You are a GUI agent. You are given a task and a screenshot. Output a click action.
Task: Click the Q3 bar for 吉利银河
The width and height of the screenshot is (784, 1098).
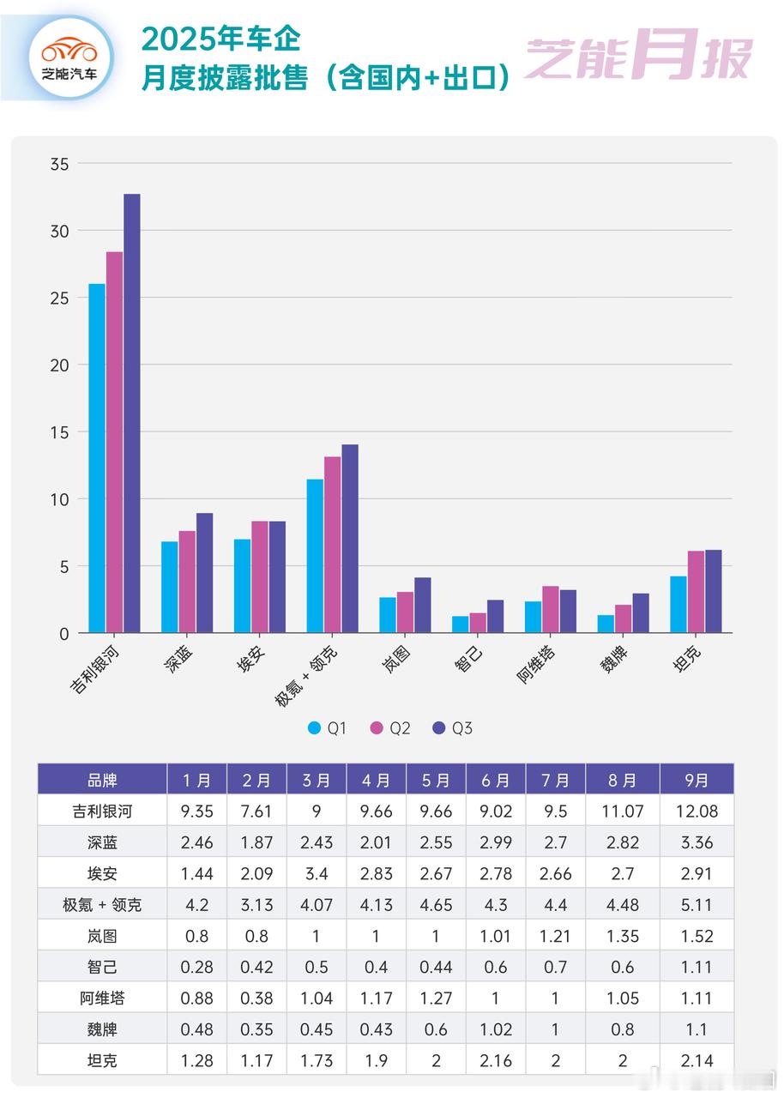click(131, 413)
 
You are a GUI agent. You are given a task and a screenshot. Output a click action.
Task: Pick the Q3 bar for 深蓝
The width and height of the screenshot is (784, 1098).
click(204, 573)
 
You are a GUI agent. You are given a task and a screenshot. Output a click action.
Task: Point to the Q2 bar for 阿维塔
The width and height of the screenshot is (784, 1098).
click(551, 610)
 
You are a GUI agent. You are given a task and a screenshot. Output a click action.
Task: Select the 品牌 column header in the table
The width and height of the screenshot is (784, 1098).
click(102, 780)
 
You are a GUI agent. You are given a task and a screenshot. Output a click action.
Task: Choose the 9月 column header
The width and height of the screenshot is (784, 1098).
click(697, 780)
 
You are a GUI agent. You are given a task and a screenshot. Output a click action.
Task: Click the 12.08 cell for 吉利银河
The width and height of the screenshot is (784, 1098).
click(697, 811)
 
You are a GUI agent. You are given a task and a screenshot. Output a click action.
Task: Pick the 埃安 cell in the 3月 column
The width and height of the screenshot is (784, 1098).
click(317, 873)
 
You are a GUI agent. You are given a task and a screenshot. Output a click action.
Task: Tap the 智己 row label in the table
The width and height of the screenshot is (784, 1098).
click(102, 967)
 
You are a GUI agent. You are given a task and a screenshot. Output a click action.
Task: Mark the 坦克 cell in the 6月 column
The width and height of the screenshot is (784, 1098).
click(496, 1060)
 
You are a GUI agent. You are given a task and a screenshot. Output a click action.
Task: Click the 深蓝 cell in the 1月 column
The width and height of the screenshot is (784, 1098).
click(196, 842)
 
